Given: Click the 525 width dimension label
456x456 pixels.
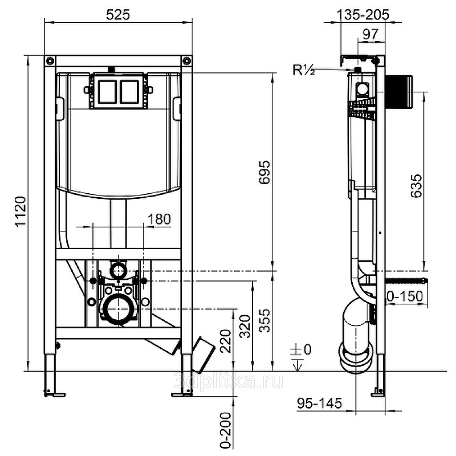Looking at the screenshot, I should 117,15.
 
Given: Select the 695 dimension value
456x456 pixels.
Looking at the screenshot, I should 263,172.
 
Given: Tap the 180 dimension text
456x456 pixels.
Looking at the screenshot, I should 158,219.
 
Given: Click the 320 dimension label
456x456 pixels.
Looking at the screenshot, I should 244,325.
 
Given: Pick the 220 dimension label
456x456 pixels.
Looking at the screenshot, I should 225,342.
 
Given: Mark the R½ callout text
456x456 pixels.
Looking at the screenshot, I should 304,71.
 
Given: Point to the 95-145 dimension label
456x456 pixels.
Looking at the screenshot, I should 319,404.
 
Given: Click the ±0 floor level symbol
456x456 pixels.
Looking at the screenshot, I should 300,355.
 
